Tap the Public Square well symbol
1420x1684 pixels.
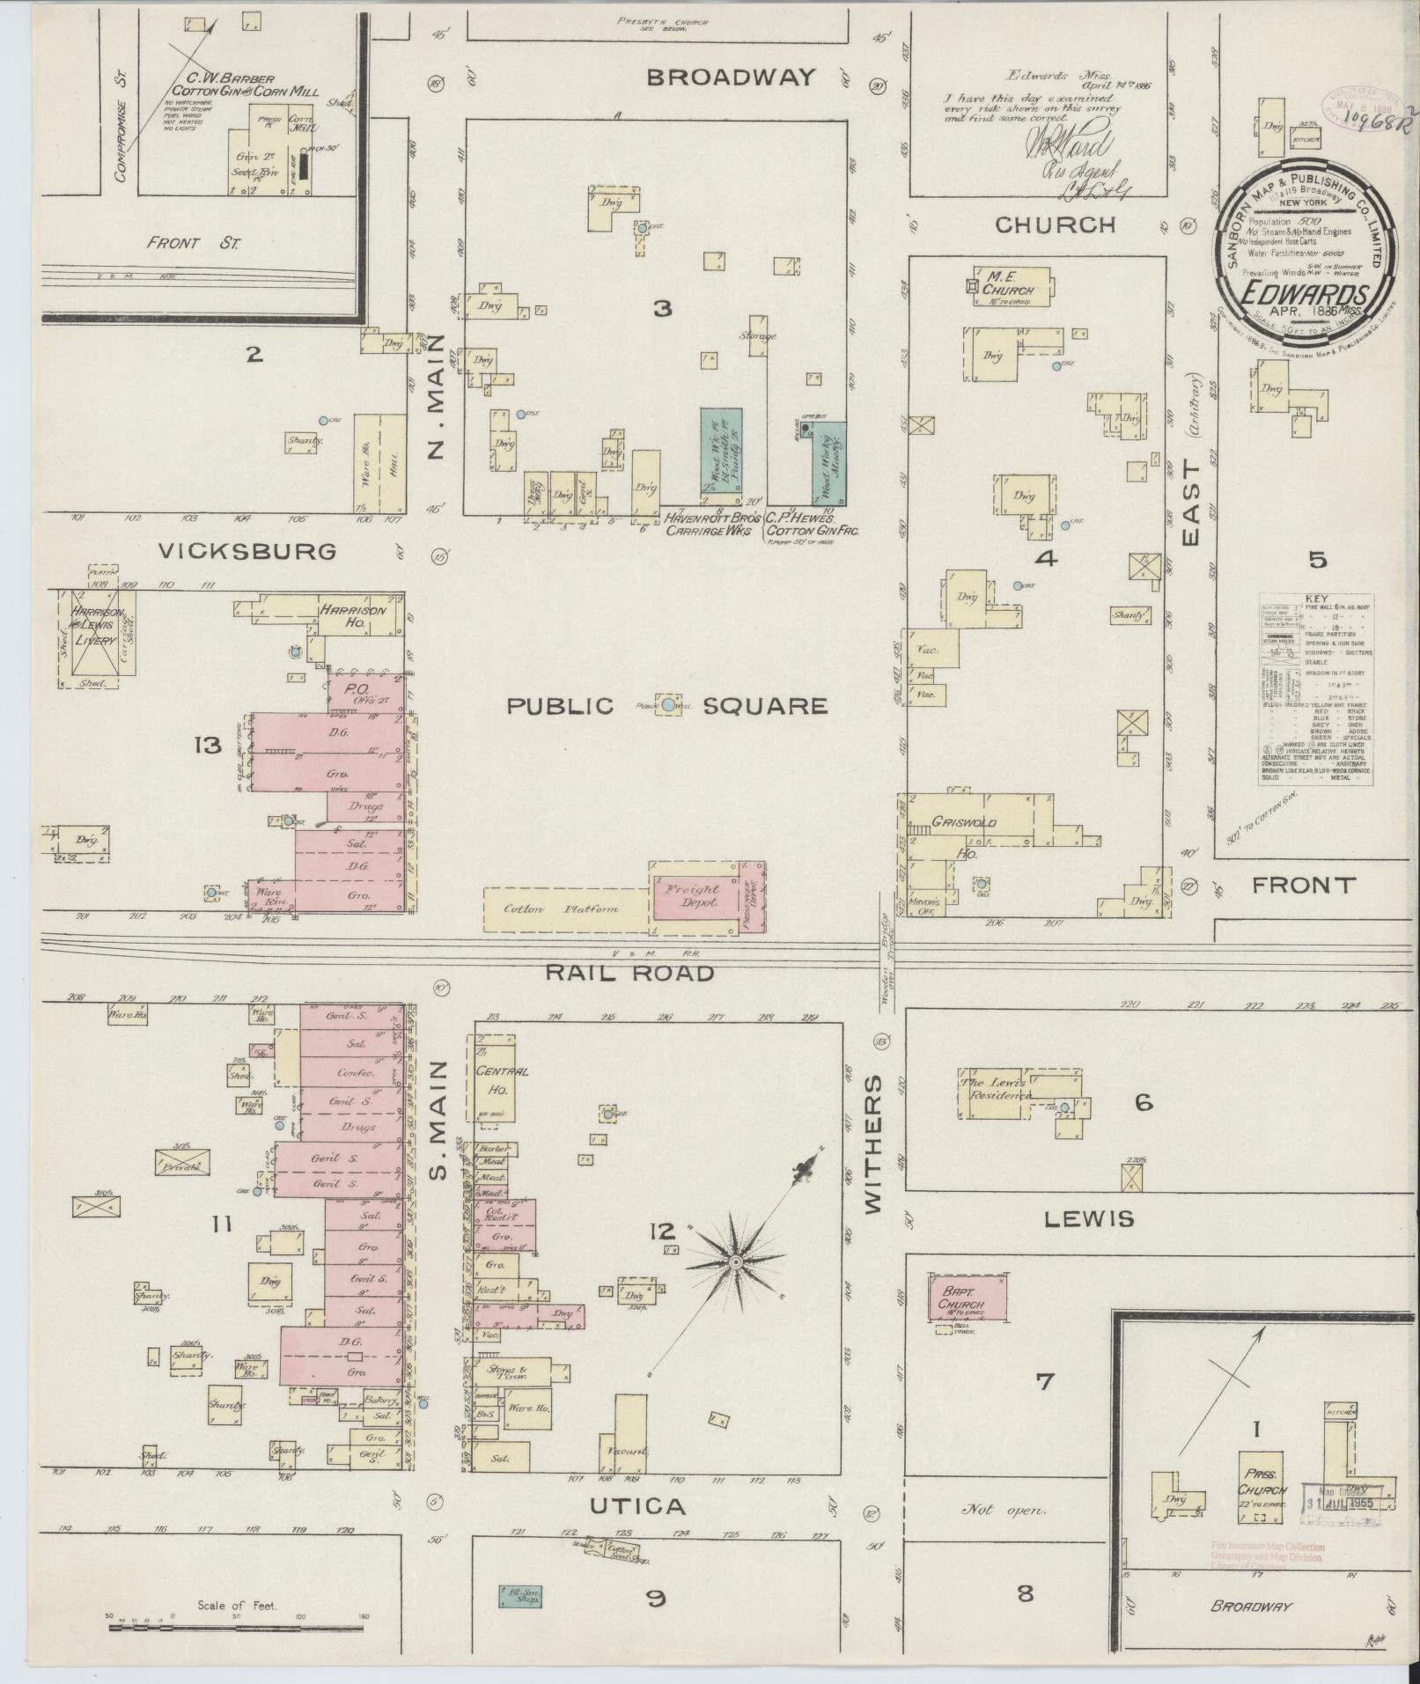(668, 704)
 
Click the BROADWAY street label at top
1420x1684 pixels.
(730, 77)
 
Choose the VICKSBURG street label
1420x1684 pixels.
(247, 551)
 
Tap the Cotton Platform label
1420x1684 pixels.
(561, 909)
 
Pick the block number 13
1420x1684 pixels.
(209, 746)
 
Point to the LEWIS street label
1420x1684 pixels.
(1089, 1218)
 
